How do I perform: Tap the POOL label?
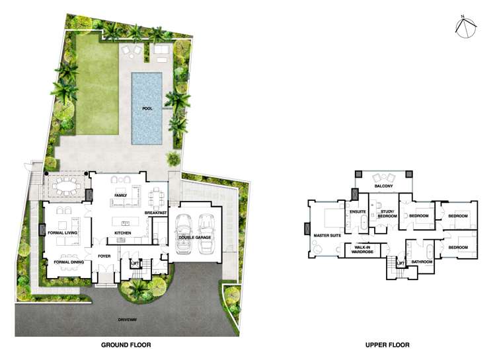click(147, 108)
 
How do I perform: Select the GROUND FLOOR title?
click(126, 345)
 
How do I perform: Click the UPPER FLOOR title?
click(387, 345)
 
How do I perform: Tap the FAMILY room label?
click(120, 196)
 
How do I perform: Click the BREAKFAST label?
click(156, 213)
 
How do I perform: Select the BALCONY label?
click(384, 186)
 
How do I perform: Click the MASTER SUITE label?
click(326, 234)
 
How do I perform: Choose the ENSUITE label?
click(358, 212)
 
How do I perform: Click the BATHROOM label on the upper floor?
click(422, 262)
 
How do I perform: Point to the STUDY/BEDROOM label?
click(387, 214)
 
